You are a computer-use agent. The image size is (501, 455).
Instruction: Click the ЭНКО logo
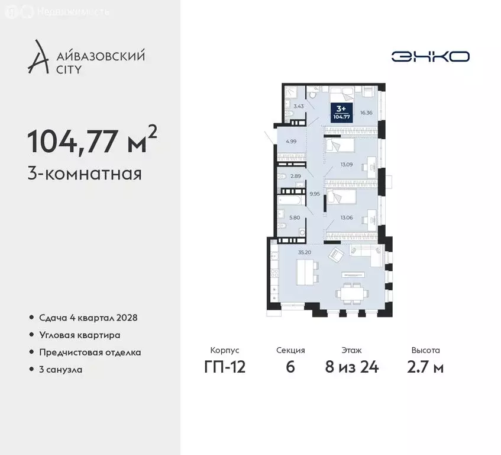pyautogui.click(x=431, y=56)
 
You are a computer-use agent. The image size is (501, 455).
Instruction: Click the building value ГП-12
pyautogui.click(x=224, y=367)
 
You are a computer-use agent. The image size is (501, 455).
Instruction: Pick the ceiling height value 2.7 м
pyautogui.click(x=425, y=367)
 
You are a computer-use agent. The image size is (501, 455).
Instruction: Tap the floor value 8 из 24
pyautogui.click(x=352, y=367)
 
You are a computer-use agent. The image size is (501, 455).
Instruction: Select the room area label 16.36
pyautogui.click(x=366, y=113)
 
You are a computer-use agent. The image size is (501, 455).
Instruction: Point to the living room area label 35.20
pyautogui.click(x=305, y=252)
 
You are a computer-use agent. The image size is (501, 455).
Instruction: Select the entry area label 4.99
pyautogui.click(x=290, y=141)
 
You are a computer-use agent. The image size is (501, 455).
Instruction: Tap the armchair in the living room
pyautogui.click(x=335, y=255)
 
